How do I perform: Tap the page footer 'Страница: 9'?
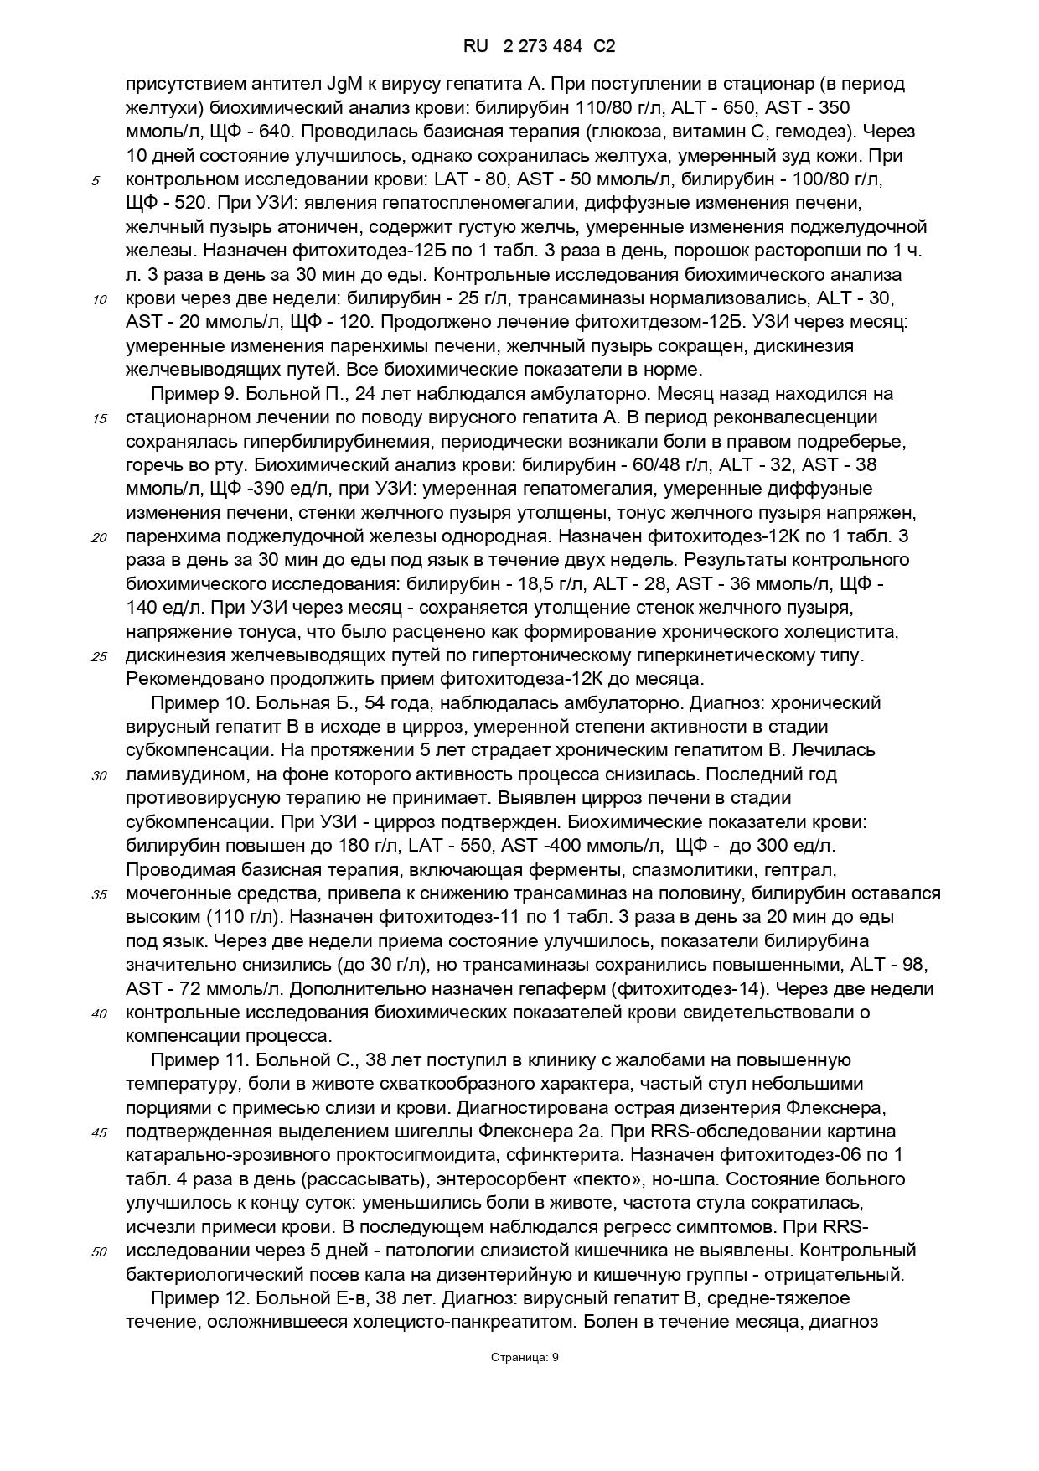(x=525, y=1358)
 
